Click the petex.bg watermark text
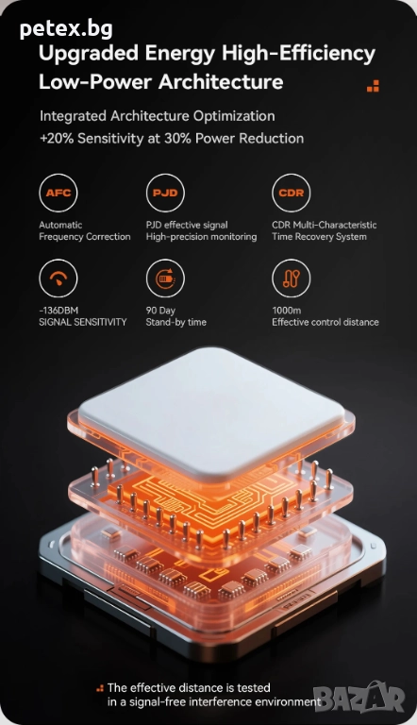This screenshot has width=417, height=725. point(66,29)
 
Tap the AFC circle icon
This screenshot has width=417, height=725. point(58,193)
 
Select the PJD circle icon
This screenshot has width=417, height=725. point(165,193)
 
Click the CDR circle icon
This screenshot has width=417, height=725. point(292,193)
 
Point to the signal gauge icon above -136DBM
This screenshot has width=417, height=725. point(58,278)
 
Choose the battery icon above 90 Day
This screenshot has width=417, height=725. point(165,278)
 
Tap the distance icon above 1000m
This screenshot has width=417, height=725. point(292,278)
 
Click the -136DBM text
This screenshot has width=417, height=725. point(58,311)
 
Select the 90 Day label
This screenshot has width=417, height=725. point(160,311)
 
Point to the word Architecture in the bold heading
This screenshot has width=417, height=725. point(221,82)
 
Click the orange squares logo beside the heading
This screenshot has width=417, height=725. point(373,86)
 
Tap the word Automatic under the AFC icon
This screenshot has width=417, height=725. point(60,226)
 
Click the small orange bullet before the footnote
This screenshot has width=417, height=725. point(100,688)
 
